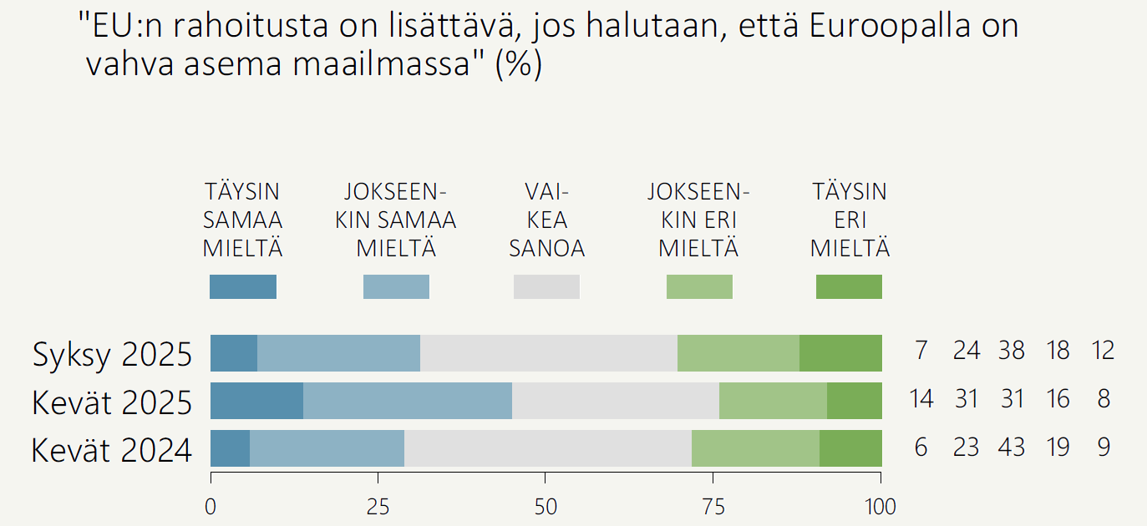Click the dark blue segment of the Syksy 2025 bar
234,353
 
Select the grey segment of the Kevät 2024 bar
548,448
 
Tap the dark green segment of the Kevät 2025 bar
854,401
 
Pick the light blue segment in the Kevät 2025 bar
408,401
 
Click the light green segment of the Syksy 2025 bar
738,353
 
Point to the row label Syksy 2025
113,355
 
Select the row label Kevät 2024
112,451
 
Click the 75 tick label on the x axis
713,507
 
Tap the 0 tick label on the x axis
211,507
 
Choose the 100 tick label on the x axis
881,507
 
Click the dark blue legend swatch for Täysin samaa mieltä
242,286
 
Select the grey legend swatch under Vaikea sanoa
546,286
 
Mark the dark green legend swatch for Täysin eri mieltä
849,286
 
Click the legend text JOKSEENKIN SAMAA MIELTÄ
396,220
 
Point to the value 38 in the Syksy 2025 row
1012,351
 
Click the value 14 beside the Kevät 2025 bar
921,399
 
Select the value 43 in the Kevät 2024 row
1012,448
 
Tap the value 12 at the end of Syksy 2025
1103,351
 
